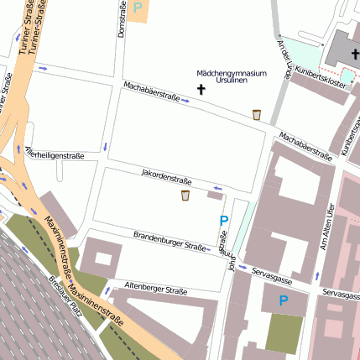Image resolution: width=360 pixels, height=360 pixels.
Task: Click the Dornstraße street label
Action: pos(122,18)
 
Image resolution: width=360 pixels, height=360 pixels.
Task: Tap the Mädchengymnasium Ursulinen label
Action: pos(231,78)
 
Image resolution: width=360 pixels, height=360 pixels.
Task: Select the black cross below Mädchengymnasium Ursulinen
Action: pos(201,88)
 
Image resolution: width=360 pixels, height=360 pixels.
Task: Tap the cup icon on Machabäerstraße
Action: pos(257,115)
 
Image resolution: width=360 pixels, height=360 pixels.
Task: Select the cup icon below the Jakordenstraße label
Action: pos(185,196)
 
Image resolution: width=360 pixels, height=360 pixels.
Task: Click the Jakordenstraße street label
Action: pos(167,175)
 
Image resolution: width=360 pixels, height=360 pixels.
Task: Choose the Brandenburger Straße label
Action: pos(169,242)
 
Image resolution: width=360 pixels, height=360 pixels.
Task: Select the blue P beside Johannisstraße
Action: pos(223,222)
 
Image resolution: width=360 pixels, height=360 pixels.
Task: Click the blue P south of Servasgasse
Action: pos(283,300)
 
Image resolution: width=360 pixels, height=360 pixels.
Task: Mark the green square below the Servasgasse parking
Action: pos(284,333)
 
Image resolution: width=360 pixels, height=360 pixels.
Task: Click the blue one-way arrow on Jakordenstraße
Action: pos(217,188)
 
